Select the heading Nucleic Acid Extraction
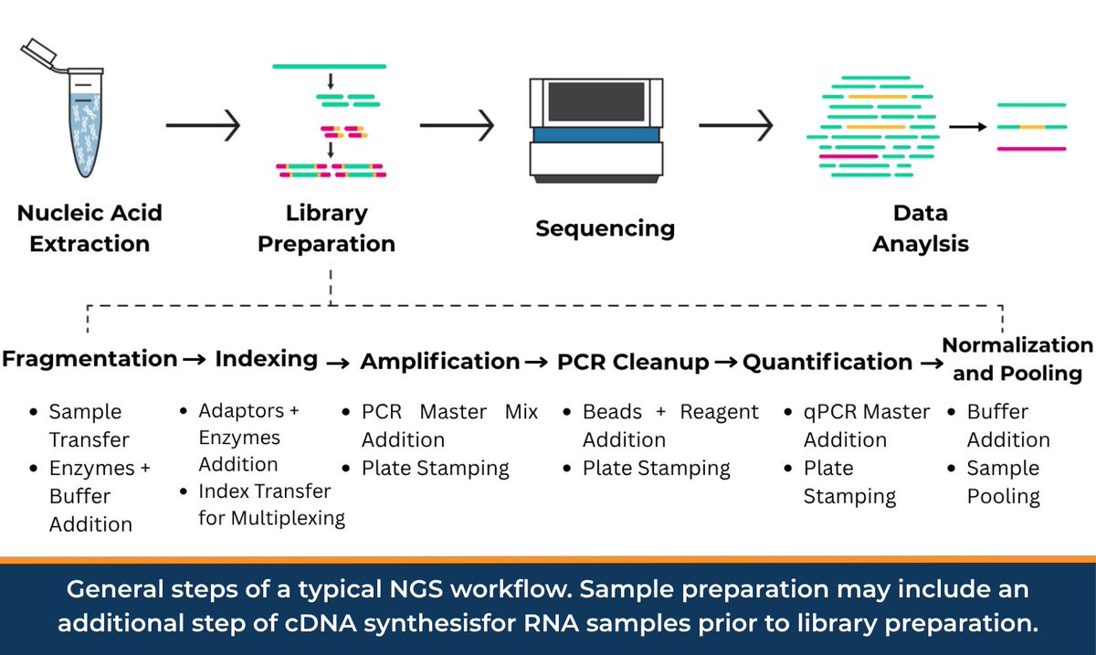tap(90, 228)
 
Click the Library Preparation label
tap(326, 228)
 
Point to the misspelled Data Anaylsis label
tap(921, 228)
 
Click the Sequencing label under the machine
tap(605, 227)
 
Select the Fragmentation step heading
tap(90, 359)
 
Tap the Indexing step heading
tap(266, 359)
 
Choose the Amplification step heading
tap(440, 362)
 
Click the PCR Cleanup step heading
tap(633, 362)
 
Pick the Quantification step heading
tap(827, 362)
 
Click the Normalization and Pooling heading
tap(1017, 359)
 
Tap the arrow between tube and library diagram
tap(203, 125)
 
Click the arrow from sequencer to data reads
tap(736, 125)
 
